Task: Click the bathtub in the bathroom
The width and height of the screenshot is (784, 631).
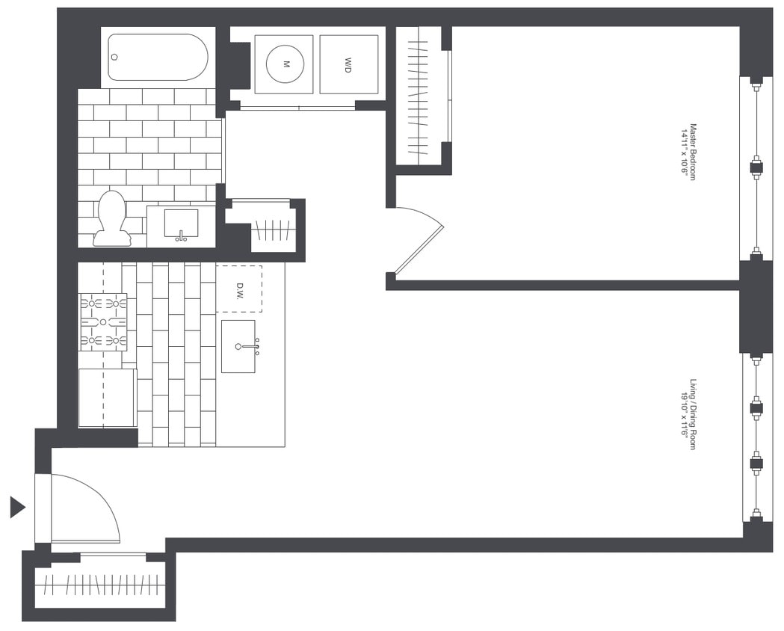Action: click(x=158, y=57)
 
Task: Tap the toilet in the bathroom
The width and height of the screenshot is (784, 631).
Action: click(x=112, y=217)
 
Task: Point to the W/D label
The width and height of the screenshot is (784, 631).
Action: click(x=348, y=64)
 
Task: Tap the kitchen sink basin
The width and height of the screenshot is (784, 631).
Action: click(x=238, y=346)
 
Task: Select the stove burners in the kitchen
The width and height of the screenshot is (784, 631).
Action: click(x=103, y=322)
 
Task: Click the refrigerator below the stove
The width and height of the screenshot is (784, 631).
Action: click(x=107, y=398)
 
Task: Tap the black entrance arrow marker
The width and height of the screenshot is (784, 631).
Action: click(x=17, y=507)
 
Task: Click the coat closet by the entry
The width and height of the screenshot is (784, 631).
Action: click(x=100, y=584)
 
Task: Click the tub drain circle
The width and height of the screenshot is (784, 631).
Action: click(x=114, y=57)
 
